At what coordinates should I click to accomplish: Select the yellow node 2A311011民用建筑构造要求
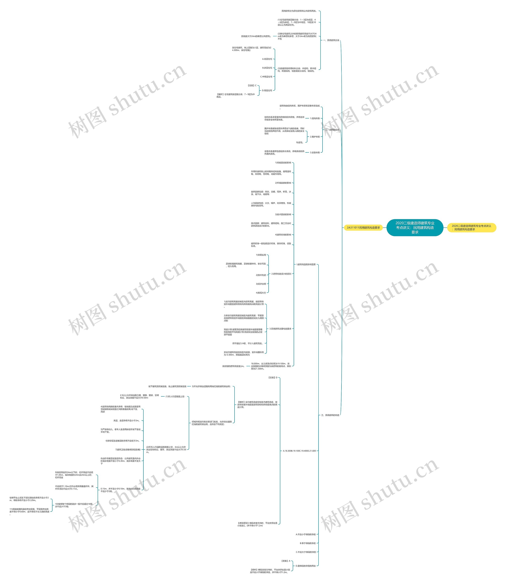point(363,228)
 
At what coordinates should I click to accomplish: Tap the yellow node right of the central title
point(471,228)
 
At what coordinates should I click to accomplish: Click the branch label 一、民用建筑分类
point(331,40)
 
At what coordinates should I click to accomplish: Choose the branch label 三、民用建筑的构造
point(330,415)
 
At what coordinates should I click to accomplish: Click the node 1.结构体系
point(315,118)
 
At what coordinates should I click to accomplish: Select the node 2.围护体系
point(315,137)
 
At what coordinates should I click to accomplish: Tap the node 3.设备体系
point(315,152)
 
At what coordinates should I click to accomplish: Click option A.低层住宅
point(267,59)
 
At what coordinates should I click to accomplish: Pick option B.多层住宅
point(267,68)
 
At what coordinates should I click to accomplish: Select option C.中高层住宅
point(266,77)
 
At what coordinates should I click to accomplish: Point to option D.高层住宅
point(267,90)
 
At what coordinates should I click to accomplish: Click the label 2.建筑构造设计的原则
point(281,274)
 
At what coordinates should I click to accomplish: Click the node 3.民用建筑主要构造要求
point(280,329)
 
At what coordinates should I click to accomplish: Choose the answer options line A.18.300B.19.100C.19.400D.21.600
point(299,451)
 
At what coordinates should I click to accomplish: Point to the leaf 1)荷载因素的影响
point(283,163)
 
